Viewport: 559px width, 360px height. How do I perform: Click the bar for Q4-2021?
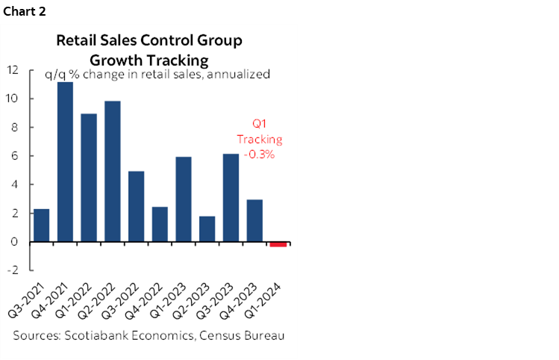click(x=65, y=162)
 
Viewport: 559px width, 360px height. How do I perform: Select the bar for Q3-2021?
click(x=42, y=226)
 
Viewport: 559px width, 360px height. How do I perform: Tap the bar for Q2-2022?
click(x=113, y=172)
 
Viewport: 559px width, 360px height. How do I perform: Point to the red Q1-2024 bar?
click(x=278, y=244)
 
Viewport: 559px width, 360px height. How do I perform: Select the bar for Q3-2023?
click(x=231, y=198)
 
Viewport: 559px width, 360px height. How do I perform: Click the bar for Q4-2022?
click(x=160, y=225)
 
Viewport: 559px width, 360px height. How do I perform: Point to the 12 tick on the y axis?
click(x=13, y=70)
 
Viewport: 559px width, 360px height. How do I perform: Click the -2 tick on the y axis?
click(x=14, y=270)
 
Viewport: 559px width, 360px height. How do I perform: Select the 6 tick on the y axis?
click(x=16, y=156)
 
